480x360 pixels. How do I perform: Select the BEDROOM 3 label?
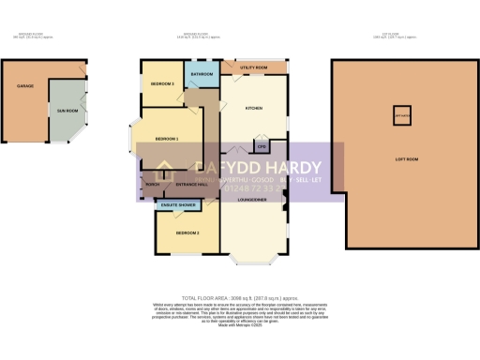pyautogui.click(x=162, y=84)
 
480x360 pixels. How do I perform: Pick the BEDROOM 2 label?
pyautogui.click(x=185, y=232)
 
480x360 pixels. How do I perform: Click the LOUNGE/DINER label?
pyautogui.click(x=255, y=200)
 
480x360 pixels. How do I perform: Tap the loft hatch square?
pyautogui.click(x=404, y=117)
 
